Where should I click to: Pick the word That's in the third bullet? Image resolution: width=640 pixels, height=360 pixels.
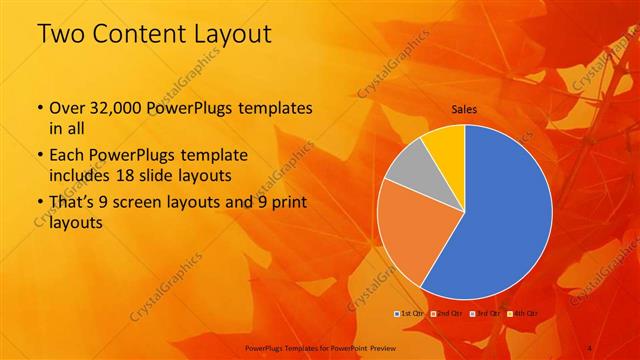74,203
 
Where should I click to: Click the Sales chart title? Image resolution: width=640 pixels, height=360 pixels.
464,108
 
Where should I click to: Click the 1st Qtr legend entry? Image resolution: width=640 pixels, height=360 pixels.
410,315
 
